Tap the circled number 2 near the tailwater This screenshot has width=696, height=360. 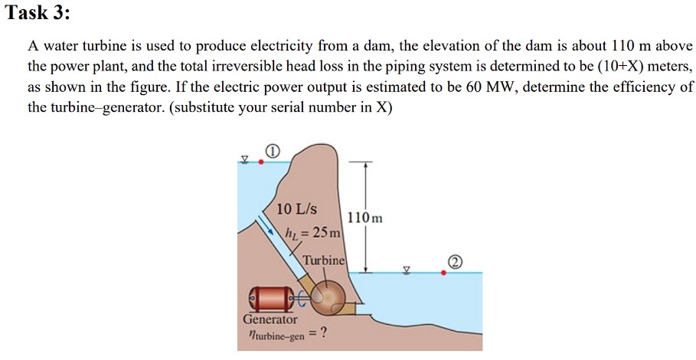[456, 263]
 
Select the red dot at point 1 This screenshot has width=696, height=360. [262, 162]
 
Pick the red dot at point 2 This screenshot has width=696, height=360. [443, 272]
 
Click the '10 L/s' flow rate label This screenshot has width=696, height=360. [298, 209]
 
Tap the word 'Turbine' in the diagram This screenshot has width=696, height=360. [325, 260]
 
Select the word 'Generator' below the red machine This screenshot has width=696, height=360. [270, 319]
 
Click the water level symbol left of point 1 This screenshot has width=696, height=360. [245, 159]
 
